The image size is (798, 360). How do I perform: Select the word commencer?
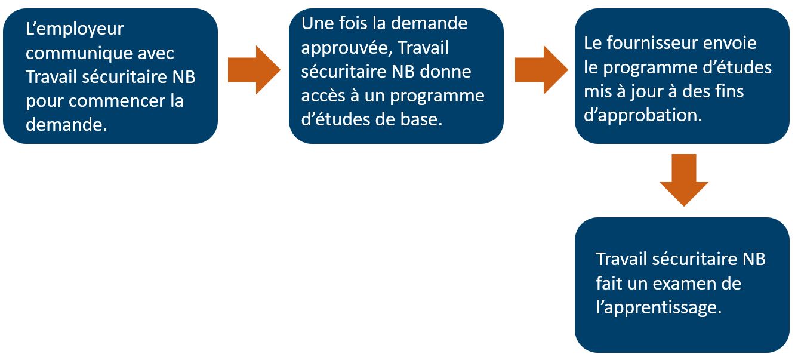point(117,101)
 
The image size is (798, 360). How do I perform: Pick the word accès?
point(323,96)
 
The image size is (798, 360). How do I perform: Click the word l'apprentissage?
point(658,308)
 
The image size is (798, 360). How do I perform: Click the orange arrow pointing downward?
point(683,180)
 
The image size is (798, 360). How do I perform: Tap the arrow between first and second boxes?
point(254,70)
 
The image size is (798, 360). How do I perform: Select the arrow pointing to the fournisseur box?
point(541,70)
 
